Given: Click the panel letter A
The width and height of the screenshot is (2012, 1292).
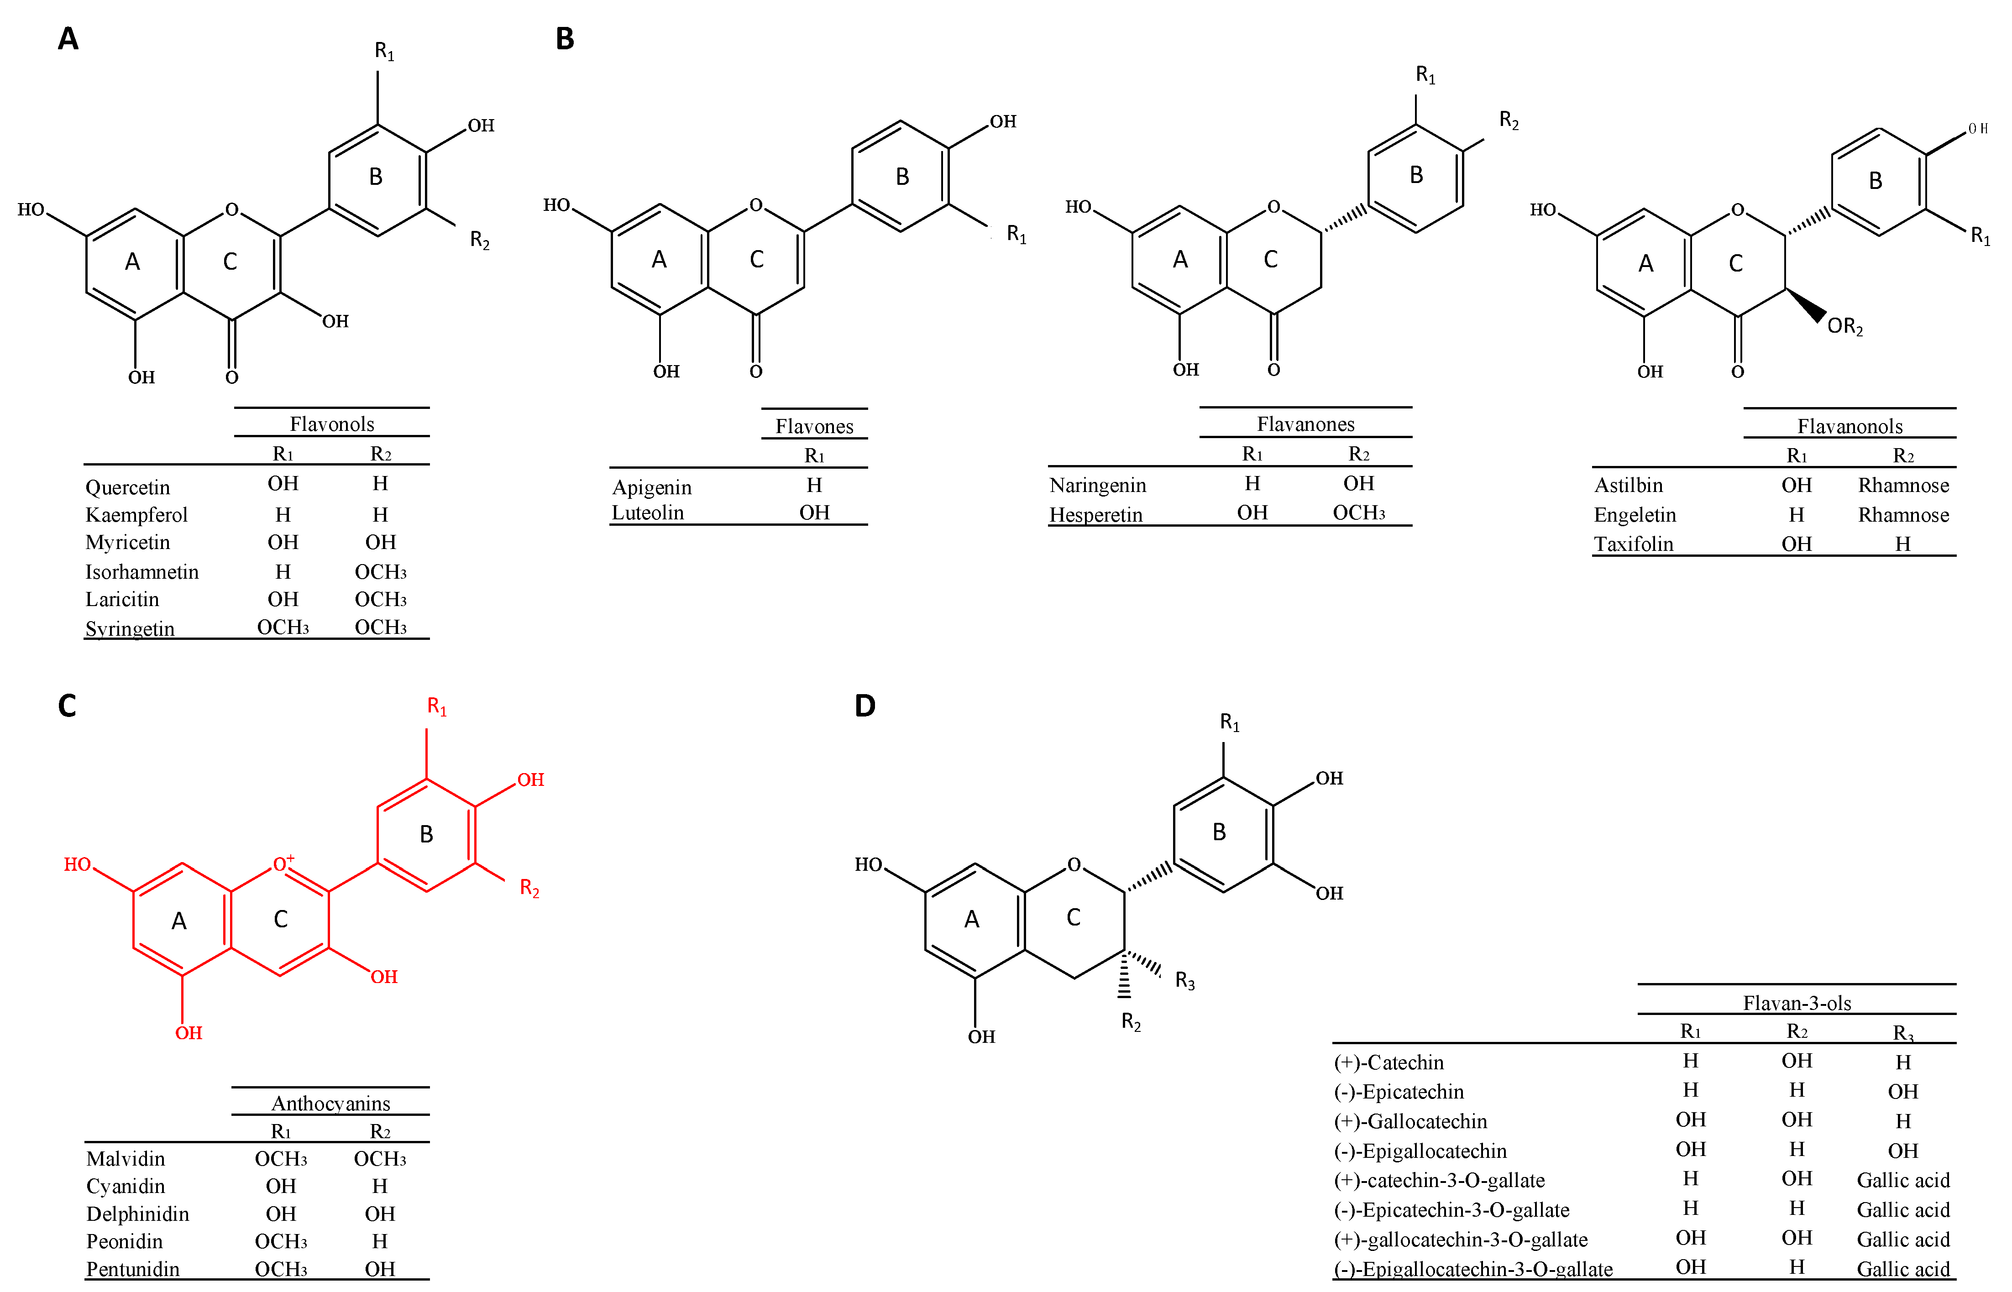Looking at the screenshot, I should pyautogui.click(x=68, y=39).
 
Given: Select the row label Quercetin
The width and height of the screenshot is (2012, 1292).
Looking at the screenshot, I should pyautogui.click(x=127, y=487).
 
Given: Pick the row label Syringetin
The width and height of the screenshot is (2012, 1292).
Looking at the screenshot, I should pyautogui.click(x=130, y=628).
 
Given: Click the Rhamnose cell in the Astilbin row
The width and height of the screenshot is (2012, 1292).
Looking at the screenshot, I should pyautogui.click(x=1903, y=485).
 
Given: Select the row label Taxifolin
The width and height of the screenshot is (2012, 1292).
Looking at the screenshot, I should pyautogui.click(x=1633, y=544).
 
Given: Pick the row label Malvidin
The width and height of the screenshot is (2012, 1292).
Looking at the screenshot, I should pyautogui.click(x=126, y=1159).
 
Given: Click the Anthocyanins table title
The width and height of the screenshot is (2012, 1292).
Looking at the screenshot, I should pyautogui.click(x=330, y=1103).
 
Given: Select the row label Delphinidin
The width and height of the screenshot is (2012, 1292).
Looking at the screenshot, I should pyautogui.click(x=137, y=1214).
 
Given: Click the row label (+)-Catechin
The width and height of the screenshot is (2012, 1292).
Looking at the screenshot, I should pyautogui.click(x=1388, y=1062).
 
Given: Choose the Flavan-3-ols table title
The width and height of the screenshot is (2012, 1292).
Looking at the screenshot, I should pyautogui.click(x=1797, y=1003).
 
